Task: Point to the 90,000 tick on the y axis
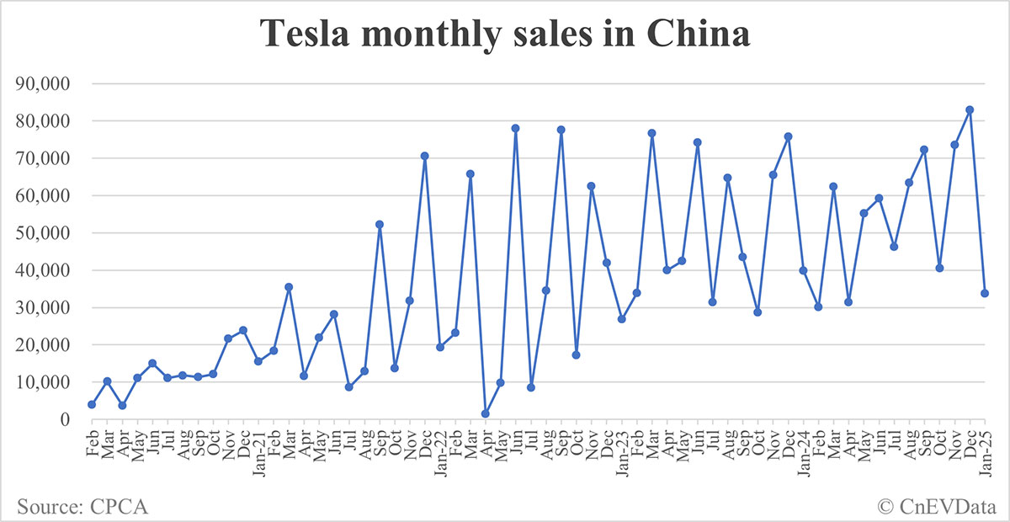coord(41,84)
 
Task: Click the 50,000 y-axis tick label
coord(41,233)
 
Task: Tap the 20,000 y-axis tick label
coord(41,345)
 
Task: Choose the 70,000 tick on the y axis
coord(41,158)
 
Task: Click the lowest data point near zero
coord(486,413)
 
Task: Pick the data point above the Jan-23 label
coord(622,319)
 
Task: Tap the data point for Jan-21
coord(258,361)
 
